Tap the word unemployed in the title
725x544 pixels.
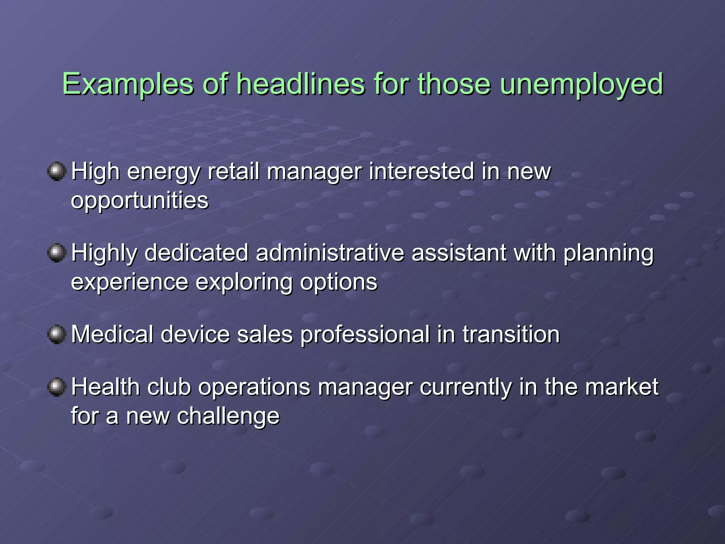(581, 84)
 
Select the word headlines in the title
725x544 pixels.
(300, 84)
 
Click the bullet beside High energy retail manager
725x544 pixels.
(57, 171)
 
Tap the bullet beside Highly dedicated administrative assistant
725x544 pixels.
(57, 253)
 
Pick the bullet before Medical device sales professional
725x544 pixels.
(57, 334)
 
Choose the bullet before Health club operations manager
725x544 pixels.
(57, 387)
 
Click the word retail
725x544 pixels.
(234, 171)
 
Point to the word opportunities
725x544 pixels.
(140, 200)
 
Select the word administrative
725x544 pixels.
(330, 253)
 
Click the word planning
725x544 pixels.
(608, 254)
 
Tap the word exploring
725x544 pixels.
(244, 282)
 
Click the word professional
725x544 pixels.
(365, 334)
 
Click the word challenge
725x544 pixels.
(228, 416)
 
